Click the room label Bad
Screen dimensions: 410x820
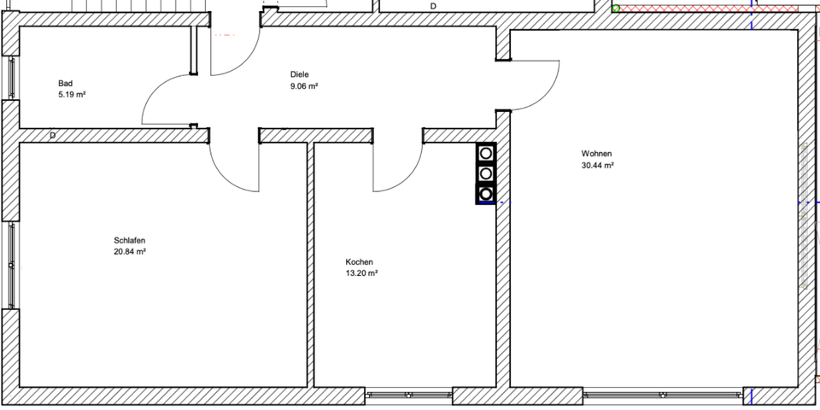tap(65, 84)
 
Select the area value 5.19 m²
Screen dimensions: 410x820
tap(72, 95)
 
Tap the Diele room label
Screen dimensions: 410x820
tap(299, 75)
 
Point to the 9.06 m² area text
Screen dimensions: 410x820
tap(304, 86)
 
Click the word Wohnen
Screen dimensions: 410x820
tap(596, 155)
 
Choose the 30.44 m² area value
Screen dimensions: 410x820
tap(598, 166)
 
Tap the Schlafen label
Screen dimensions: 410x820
tap(128, 241)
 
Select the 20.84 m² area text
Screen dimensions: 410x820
tap(130, 252)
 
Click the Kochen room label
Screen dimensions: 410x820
tap(359, 262)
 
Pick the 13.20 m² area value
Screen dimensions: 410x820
tap(361, 273)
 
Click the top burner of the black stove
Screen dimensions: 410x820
tap(486, 154)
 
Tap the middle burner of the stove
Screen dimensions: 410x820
tap(486, 173)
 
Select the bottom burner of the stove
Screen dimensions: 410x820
tap(486, 193)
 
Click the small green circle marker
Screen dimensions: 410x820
tap(616, 9)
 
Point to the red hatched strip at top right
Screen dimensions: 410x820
tap(683, 9)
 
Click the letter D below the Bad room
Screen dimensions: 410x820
tap(53, 135)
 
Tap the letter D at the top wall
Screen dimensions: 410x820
tap(433, 7)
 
